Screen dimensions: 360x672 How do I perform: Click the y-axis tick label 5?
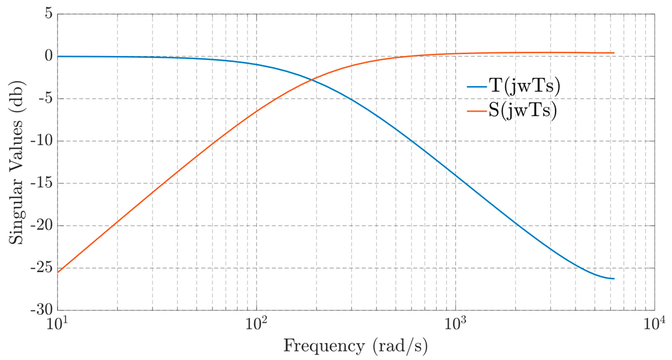pos(49,14)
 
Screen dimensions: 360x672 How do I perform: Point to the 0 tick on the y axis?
pos(49,56)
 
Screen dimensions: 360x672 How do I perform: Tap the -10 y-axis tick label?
pos(42,141)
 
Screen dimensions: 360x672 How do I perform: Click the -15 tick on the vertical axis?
pos(42,183)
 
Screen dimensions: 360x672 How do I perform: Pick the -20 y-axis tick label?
pos(42,226)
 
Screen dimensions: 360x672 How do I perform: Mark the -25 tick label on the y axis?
pos(42,268)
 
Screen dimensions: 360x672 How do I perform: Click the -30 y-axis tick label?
pos(42,310)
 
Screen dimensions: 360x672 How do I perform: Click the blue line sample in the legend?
pos(477,86)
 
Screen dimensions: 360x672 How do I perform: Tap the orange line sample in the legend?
pos(477,111)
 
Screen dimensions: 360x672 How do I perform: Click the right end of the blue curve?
pos(614,279)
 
